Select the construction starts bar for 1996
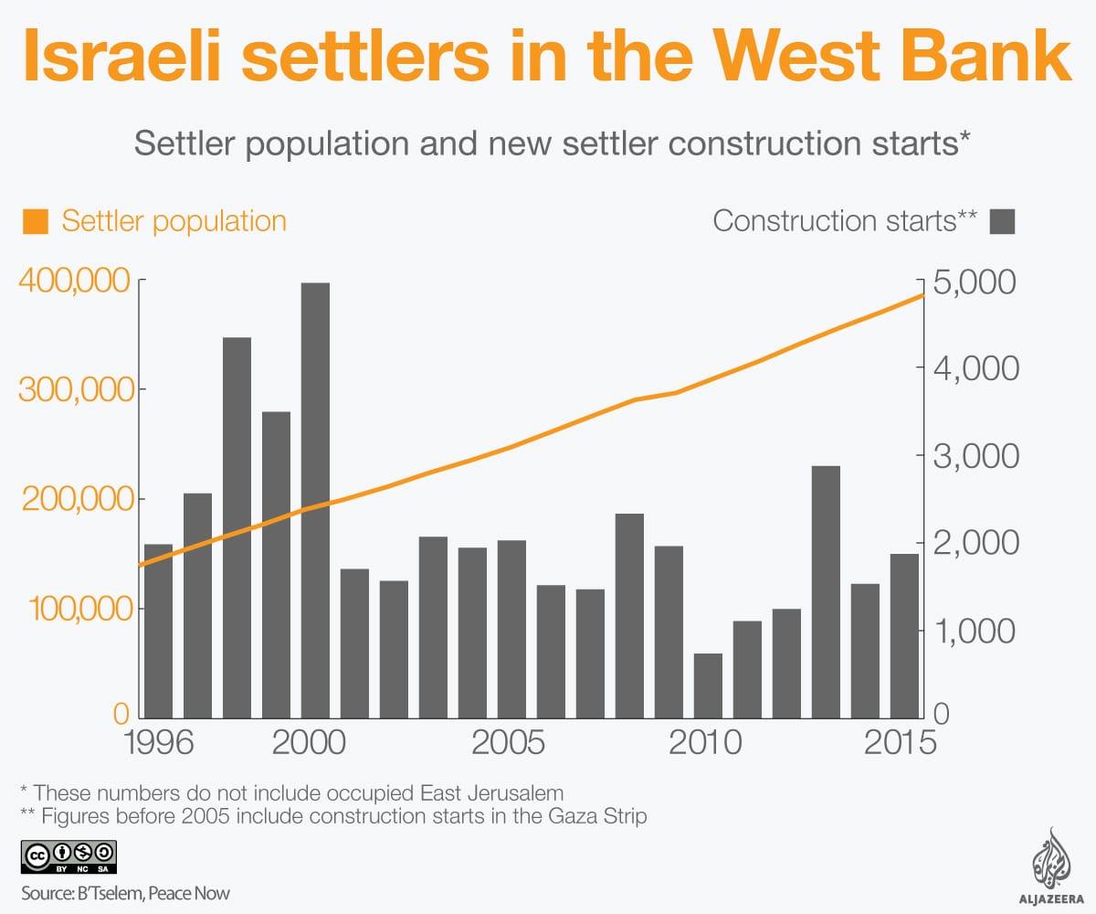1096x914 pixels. [x=158, y=631]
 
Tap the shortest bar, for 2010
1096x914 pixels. [x=708, y=685]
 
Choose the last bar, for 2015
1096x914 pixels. [x=904, y=635]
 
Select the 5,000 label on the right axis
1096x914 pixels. [x=975, y=282]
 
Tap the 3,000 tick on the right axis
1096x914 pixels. [x=975, y=456]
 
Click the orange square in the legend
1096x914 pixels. [x=37, y=221]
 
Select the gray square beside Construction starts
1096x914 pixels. [x=1003, y=221]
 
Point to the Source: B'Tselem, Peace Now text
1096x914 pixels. [x=125, y=893]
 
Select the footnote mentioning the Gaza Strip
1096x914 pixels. [x=333, y=816]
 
